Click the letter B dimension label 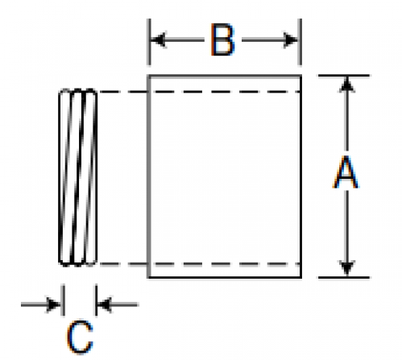coord(222,39)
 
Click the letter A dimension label coord(346,172)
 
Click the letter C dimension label coord(80,337)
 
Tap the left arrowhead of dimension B coord(159,40)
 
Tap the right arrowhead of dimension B coord(291,40)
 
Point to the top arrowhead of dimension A coord(347,85)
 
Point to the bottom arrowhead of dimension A coord(347,268)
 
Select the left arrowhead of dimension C coord(53,304)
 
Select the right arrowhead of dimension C coord(104,304)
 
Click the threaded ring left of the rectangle coord(77,177)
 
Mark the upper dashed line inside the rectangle coord(224,92)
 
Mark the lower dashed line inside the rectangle coord(224,264)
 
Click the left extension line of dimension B coord(149,42)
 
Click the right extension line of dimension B coord(300,42)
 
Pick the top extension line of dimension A coord(344,76)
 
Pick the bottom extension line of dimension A coord(344,277)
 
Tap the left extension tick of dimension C coord(63,300)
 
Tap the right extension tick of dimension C coord(96,300)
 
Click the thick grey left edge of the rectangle coord(149,176)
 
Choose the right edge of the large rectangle coord(300,176)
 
